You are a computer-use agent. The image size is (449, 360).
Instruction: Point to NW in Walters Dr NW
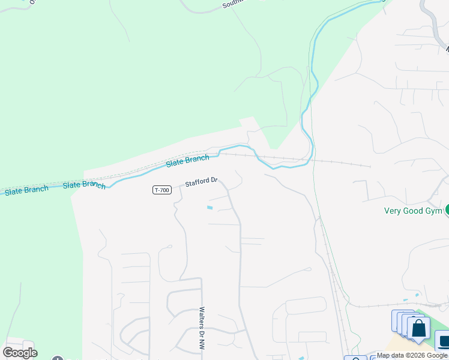point(201,344)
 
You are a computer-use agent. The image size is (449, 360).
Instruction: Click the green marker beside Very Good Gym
point(447,209)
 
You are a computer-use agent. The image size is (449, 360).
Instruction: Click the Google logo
point(20,352)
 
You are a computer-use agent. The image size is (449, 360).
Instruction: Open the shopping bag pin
point(418,329)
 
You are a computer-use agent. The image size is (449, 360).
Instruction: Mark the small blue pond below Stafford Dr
point(209,208)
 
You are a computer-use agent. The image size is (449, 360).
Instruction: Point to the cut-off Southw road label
point(234,4)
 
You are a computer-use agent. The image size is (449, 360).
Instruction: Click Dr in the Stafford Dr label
point(213,179)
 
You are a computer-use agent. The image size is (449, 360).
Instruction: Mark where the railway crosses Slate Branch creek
point(307,160)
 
